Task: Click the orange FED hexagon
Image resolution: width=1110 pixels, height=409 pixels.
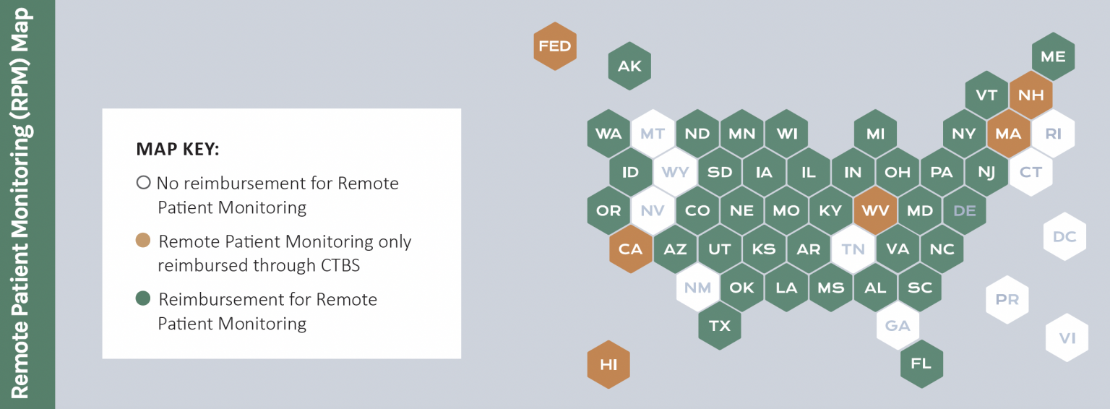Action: point(555,46)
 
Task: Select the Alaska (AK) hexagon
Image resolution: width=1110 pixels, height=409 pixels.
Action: point(629,66)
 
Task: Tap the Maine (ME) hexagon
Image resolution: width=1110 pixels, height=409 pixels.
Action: point(1053,56)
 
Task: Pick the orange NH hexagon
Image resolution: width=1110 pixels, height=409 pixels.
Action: point(1031,95)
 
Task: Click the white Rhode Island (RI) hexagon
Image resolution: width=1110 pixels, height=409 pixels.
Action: point(1053,134)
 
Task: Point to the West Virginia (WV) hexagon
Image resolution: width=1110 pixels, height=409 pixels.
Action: point(875,211)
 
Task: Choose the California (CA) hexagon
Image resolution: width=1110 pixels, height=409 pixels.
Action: point(630,249)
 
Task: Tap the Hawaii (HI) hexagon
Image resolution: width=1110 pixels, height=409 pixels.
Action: point(608,365)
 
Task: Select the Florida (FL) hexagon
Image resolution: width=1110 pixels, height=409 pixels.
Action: point(921,363)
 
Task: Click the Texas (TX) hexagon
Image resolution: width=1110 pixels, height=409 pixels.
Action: point(720,326)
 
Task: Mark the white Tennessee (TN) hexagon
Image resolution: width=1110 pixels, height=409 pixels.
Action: point(853,249)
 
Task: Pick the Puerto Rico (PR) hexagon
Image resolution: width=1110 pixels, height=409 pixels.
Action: point(1007,299)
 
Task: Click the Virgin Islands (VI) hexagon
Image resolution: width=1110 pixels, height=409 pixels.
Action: point(1067,337)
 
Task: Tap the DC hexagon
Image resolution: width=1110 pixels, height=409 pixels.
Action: point(1064,236)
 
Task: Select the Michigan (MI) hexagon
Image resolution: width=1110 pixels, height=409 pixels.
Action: point(875,134)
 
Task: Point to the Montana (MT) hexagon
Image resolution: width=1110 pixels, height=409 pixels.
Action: point(653,134)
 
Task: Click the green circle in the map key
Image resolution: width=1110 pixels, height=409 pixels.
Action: point(143,298)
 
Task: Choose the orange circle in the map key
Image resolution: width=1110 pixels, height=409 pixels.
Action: point(143,241)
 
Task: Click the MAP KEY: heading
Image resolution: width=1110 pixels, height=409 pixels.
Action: point(178,150)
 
